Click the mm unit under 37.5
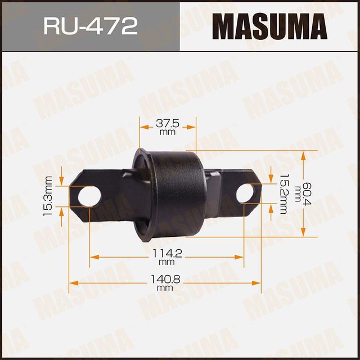167,133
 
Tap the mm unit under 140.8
165,288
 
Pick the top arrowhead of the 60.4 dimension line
304,154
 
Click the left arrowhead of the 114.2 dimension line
92,258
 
